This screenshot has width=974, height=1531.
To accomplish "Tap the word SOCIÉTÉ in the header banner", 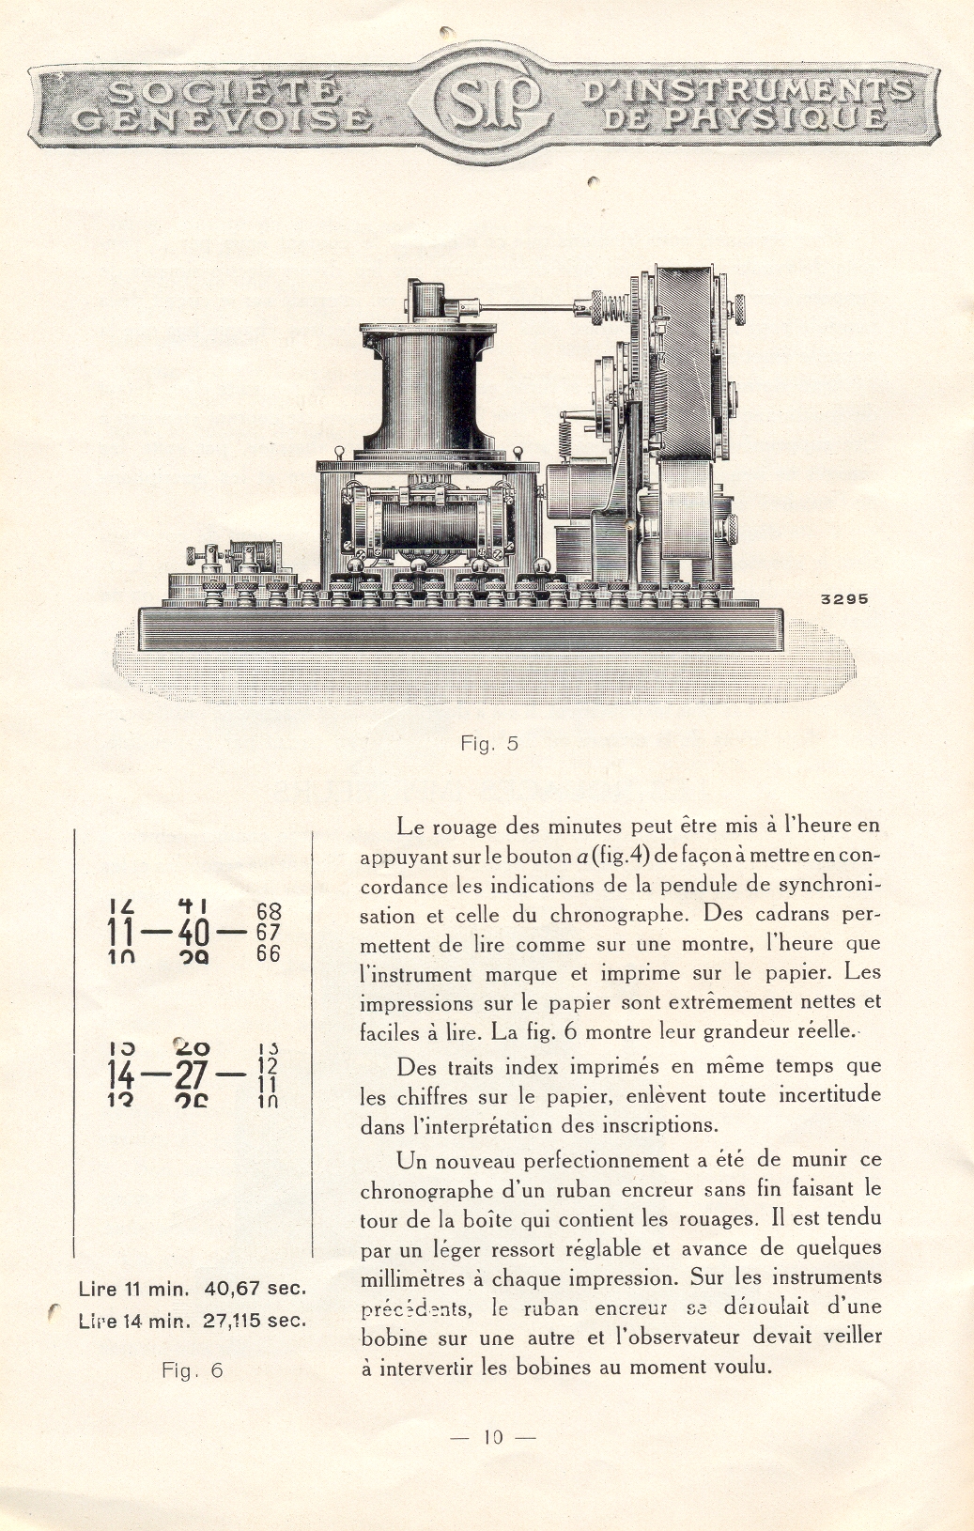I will [224, 91].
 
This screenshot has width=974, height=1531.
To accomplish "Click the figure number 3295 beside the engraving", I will [844, 599].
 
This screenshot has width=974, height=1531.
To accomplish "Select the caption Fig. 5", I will [489, 744].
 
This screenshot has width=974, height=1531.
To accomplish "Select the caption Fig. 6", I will [193, 1370].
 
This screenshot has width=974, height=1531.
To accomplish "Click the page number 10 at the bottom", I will [493, 1437].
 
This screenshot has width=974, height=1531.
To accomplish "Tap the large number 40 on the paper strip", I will [193, 933].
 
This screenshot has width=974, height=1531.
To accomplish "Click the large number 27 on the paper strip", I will [192, 1074].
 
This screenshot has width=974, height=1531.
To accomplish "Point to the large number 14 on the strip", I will [121, 1074].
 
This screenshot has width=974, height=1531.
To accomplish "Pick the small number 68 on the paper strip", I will [269, 911].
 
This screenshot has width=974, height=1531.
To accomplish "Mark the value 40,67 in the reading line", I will [231, 1289].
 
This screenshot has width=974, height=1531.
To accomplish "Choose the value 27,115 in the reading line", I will [237, 1320].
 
